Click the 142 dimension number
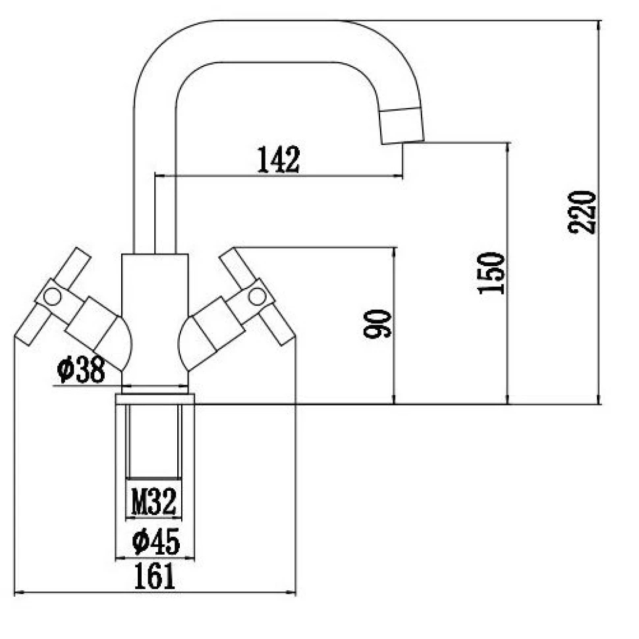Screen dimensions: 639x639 click(278, 159)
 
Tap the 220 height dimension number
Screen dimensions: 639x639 click(582, 211)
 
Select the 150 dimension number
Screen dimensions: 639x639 click(492, 273)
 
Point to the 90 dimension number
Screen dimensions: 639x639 click(377, 324)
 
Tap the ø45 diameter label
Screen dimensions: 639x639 click(155, 542)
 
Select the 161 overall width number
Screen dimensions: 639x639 click(155, 577)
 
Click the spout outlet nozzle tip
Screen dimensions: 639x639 click(402, 125)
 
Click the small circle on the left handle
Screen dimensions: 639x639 click(52, 297)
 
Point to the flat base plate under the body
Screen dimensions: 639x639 click(155, 399)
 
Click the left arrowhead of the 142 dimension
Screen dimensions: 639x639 click(158, 176)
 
